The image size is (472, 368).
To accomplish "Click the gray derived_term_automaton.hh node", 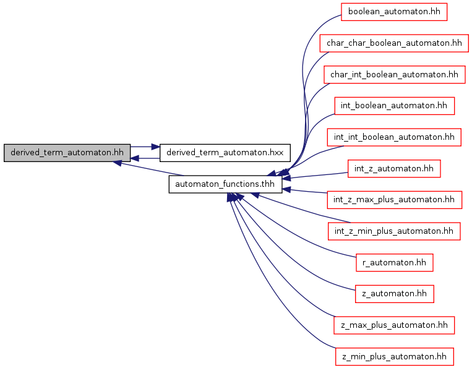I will (67, 153).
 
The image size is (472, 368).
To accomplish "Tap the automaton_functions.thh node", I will (226, 184).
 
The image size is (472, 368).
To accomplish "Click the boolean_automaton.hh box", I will (394, 12).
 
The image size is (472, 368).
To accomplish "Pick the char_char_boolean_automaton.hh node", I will (394, 43).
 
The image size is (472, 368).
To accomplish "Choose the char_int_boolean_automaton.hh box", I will (394, 74).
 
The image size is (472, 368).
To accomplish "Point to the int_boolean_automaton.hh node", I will (394, 106).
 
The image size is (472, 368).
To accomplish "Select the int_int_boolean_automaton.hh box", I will (394, 137).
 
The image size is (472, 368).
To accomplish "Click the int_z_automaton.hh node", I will (394, 168).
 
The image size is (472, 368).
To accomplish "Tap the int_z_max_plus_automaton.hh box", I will (394, 200).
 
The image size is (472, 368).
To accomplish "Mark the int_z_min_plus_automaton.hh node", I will (394, 231).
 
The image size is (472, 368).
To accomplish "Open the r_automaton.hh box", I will (394, 262).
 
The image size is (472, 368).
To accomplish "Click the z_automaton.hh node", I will (394, 294).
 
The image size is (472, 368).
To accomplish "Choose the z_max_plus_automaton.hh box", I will (394, 325).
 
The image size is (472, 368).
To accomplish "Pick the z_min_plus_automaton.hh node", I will (394, 356).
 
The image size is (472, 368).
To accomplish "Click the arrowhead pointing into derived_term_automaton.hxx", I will (155, 147).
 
